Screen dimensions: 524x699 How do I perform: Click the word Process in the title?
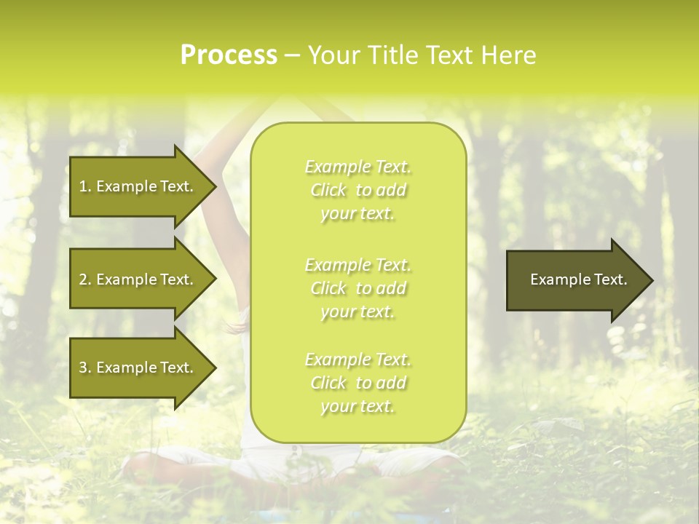[229, 55]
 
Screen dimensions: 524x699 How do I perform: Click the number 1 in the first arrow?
[83, 186]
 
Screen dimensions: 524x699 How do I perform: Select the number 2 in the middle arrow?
[83, 279]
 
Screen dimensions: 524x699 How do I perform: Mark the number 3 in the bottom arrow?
[83, 368]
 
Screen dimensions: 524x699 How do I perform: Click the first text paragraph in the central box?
[358, 190]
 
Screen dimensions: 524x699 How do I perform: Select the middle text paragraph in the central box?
[358, 288]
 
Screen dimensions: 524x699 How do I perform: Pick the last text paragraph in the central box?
[358, 383]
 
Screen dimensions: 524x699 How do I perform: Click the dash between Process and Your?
[292, 56]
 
